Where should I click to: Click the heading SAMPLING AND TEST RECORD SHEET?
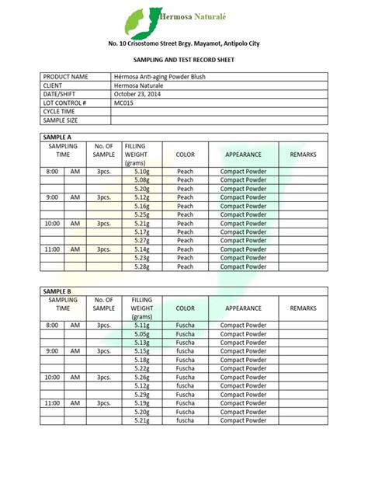click(x=184, y=59)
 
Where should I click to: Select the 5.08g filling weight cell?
click(x=141, y=179)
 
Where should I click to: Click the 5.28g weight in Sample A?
click(x=141, y=266)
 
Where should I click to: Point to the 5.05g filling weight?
click(x=141, y=334)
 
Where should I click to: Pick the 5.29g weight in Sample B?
click(x=141, y=395)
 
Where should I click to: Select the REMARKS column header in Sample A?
click(x=303, y=155)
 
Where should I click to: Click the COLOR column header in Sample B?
click(x=185, y=308)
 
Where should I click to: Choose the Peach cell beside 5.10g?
click(x=185, y=171)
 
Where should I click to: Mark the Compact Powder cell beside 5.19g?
click(x=243, y=403)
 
